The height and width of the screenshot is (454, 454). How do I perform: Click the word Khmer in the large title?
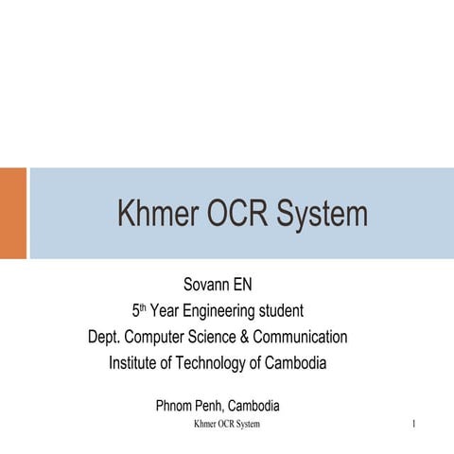click(157, 215)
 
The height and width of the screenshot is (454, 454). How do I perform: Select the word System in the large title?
click(323, 215)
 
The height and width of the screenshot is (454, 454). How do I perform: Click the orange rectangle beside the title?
click(13, 213)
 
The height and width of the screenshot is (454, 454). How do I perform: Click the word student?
click(280, 310)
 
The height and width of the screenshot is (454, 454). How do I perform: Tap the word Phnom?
click(174, 407)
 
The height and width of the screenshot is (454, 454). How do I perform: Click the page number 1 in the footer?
click(414, 425)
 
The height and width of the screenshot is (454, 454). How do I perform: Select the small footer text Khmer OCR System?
click(227, 425)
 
